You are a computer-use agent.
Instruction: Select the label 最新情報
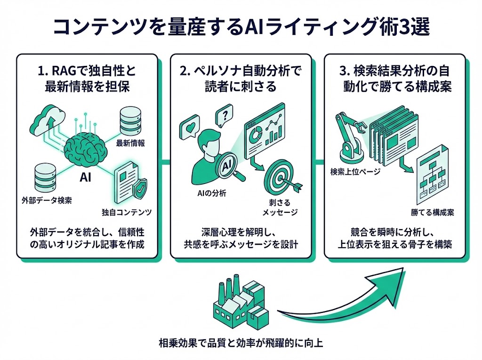(130, 143)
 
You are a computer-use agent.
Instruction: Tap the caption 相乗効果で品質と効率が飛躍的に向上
(241, 343)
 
